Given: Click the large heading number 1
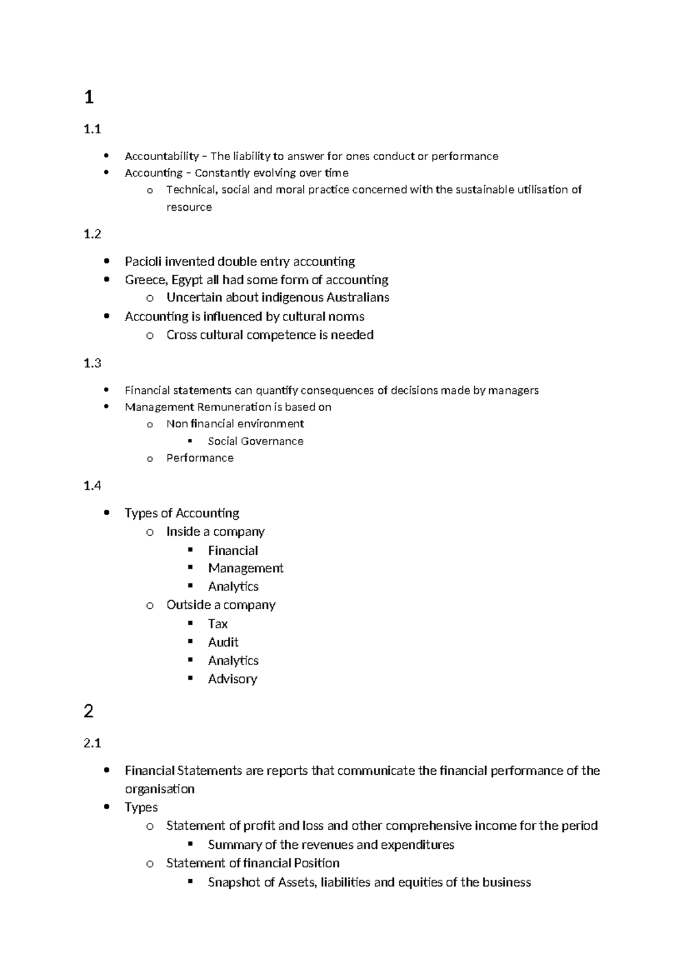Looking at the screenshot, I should point(88,98).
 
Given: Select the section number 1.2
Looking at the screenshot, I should point(92,234).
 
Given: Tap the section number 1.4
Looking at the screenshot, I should point(92,486).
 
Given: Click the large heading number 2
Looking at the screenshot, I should point(88,712).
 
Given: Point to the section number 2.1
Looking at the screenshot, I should point(92,743).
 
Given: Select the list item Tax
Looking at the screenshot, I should point(218,624).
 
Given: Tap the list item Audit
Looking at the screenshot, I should point(223,642).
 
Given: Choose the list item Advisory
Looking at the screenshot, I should point(233,679).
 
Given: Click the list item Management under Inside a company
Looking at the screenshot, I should point(246,568).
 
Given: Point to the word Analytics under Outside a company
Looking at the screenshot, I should point(233,660).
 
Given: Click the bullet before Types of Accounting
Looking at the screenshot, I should point(107,513).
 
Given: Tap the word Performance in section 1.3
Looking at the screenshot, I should point(200,458).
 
